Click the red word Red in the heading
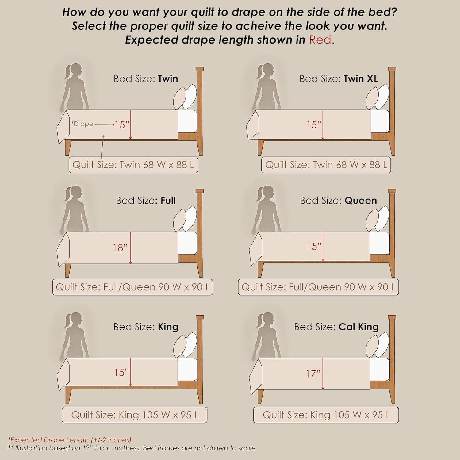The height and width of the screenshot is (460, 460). click(x=320, y=40)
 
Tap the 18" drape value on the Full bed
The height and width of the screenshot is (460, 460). click(x=120, y=247)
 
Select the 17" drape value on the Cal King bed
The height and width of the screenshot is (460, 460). click(x=313, y=374)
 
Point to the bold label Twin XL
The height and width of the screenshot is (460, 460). click(x=361, y=79)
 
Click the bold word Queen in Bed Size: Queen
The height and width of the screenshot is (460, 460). click(x=361, y=201)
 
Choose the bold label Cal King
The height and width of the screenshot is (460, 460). click(x=358, y=327)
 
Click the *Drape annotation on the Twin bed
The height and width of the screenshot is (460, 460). click(x=82, y=124)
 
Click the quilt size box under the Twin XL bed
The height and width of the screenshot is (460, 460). click(x=326, y=165)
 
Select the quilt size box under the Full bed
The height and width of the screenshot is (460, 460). click(x=133, y=287)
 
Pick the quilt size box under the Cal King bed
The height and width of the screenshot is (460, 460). click(x=326, y=415)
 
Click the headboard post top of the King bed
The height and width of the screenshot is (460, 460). click(x=200, y=317)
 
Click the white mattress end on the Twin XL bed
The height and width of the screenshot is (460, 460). click(x=380, y=122)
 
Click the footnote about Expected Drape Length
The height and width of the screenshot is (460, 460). click(x=70, y=440)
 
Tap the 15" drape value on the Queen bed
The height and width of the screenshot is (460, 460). click(x=314, y=246)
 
